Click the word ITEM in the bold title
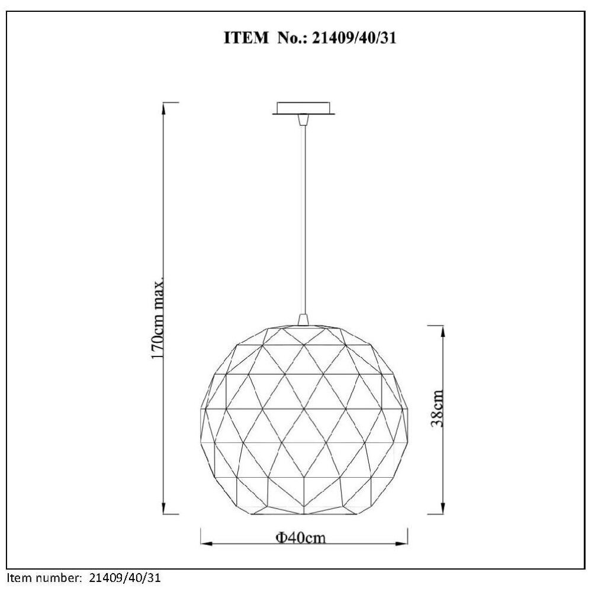tap(246, 38)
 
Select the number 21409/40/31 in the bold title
tap(354, 38)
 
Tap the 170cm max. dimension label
tap(158, 317)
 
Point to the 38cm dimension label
tap(437, 408)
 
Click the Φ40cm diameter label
tap(301, 537)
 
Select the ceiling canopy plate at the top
tap(304, 108)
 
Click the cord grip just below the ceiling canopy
tap(303, 120)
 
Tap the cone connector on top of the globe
tap(303, 320)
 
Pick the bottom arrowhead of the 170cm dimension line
tap(163, 509)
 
